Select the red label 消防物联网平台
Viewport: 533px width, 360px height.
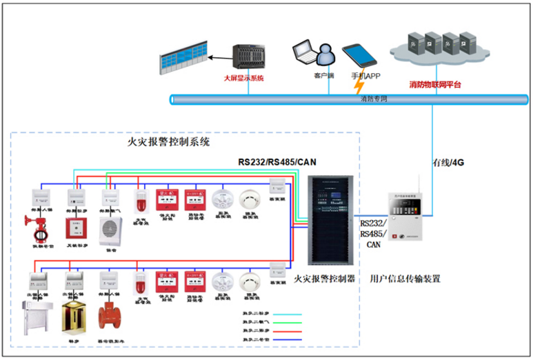tap(435, 85)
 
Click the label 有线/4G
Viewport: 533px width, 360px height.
tap(449, 163)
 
